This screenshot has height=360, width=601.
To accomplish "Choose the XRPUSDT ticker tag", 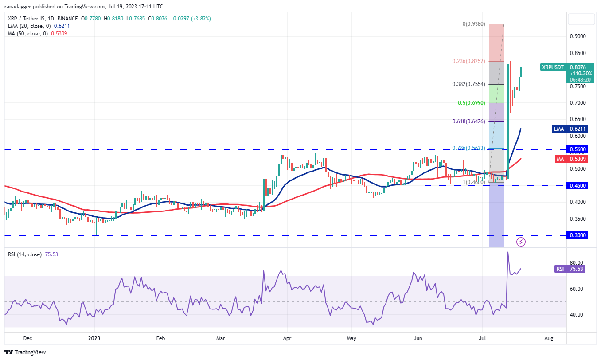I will point(553,67).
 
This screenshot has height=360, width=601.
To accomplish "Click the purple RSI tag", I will point(560,269).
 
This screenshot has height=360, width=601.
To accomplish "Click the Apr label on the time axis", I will point(286,338).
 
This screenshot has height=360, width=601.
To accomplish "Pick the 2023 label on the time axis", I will point(94,338).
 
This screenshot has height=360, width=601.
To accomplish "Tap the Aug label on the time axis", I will point(549,338).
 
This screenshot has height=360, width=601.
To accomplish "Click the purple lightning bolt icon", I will point(521,242).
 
